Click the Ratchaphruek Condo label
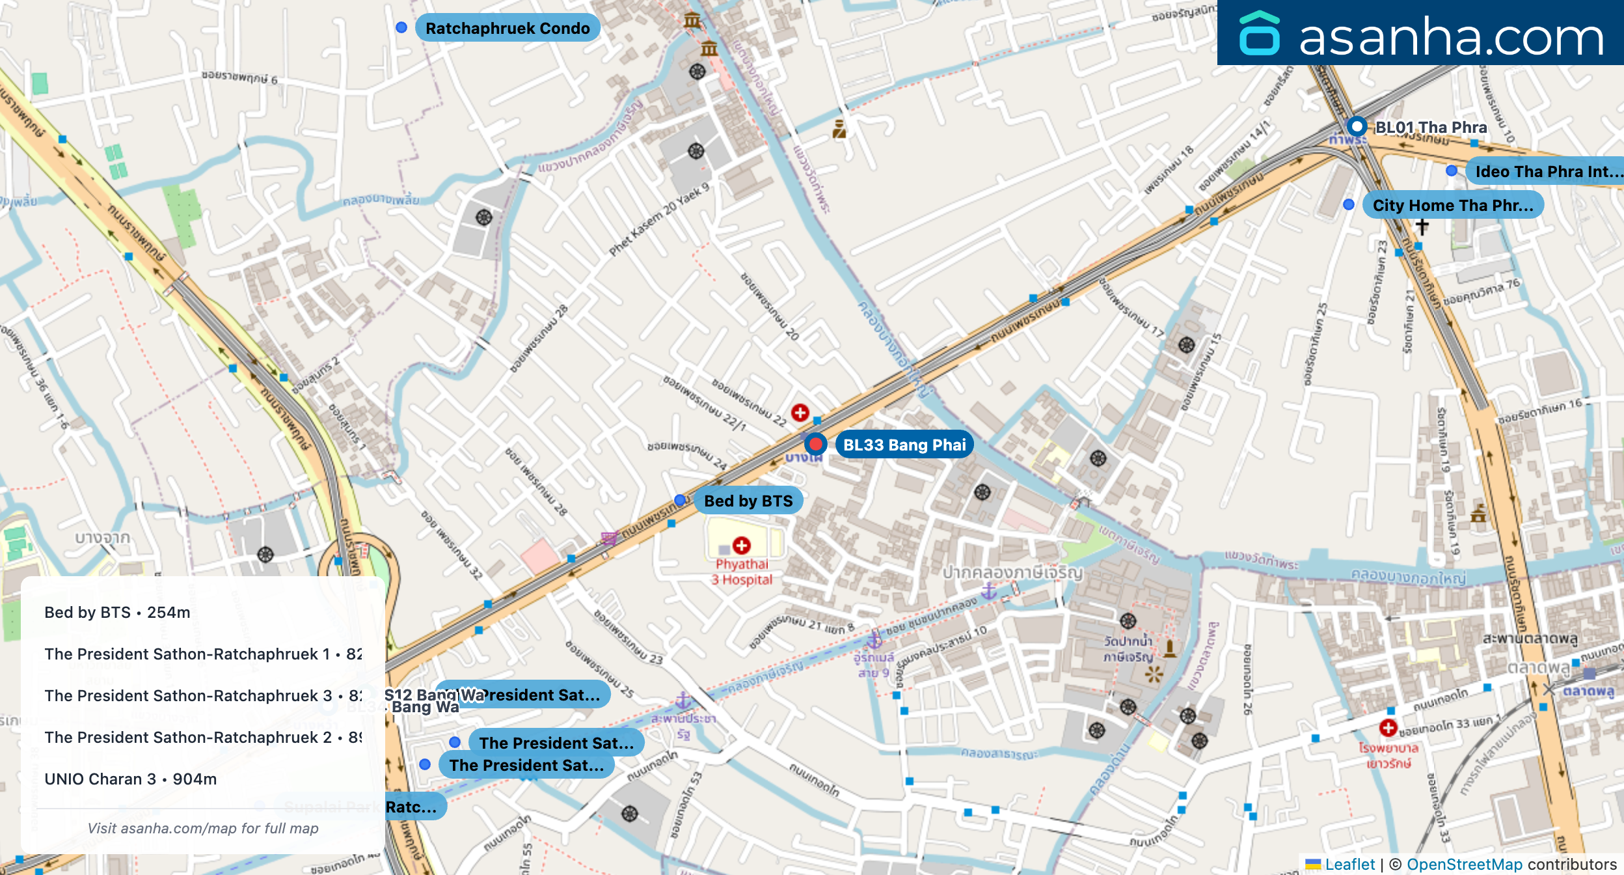pyautogui.click(x=507, y=28)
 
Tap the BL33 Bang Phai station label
pyautogui.click(x=904, y=445)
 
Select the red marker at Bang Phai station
pyautogui.click(x=815, y=444)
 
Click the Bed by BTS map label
pyautogui.click(x=748, y=501)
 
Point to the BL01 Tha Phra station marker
pyautogui.click(x=1357, y=126)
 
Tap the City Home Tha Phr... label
pyautogui.click(x=1452, y=205)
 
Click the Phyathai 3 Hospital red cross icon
pyautogui.click(x=742, y=545)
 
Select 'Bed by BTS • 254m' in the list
pyautogui.click(x=117, y=612)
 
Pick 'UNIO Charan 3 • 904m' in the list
pyautogui.click(x=130, y=779)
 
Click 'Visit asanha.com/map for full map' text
pyautogui.click(x=203, y=828)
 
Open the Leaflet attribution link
pyautogui.click(x=1349, y=864)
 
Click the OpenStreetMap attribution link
pyautogui.click(x=1465, y=864)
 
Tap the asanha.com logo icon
pyautogui.click(x=1260, y=33)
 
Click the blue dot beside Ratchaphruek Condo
pyautogui.click(x=401, y=27)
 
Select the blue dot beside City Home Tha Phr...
pyautogui.click(x=1349, y=204)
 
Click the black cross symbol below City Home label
pyautogui.click(x=1422, y=226)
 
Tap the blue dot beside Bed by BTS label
pyautogui.click(x=680, y=500)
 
